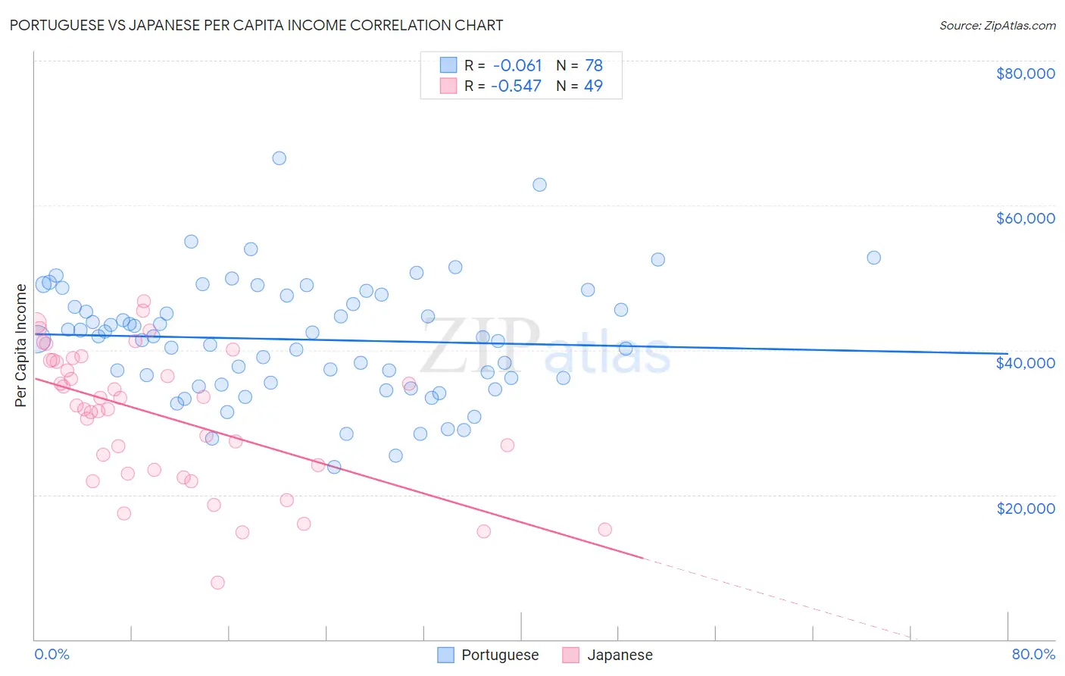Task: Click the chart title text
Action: click(x=256, y=25)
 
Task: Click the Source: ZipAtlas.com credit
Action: click(x=997, y=25)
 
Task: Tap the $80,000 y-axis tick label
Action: click(x=1025, y=74)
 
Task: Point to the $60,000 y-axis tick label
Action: click(x=1025, y=218)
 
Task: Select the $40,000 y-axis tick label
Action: click(x=1025, y=363)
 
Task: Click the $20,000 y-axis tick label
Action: click(x=1025, y=508)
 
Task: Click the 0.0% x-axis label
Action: click(x=52, y=654)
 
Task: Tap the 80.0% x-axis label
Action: click(x=1033, y=654)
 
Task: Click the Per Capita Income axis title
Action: click(x=21, y=345)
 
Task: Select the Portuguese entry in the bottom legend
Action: click(x=499, y=655)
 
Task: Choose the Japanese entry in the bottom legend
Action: click(x=619, y=655)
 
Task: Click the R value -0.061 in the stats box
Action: click(x=517, y=66)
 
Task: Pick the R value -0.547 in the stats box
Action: click(x=517, y=86)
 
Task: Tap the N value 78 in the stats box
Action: click(x=593, y=66)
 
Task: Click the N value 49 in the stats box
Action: click(x=593, y=86)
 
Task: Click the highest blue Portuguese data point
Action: click(x=279, y=158)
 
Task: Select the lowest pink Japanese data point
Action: click(x=217, y=583)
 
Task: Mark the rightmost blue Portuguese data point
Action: click(x=873, y=258)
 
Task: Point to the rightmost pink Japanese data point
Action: click(x=604, y=530)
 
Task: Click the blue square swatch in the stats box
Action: click(x=448, y=65)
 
